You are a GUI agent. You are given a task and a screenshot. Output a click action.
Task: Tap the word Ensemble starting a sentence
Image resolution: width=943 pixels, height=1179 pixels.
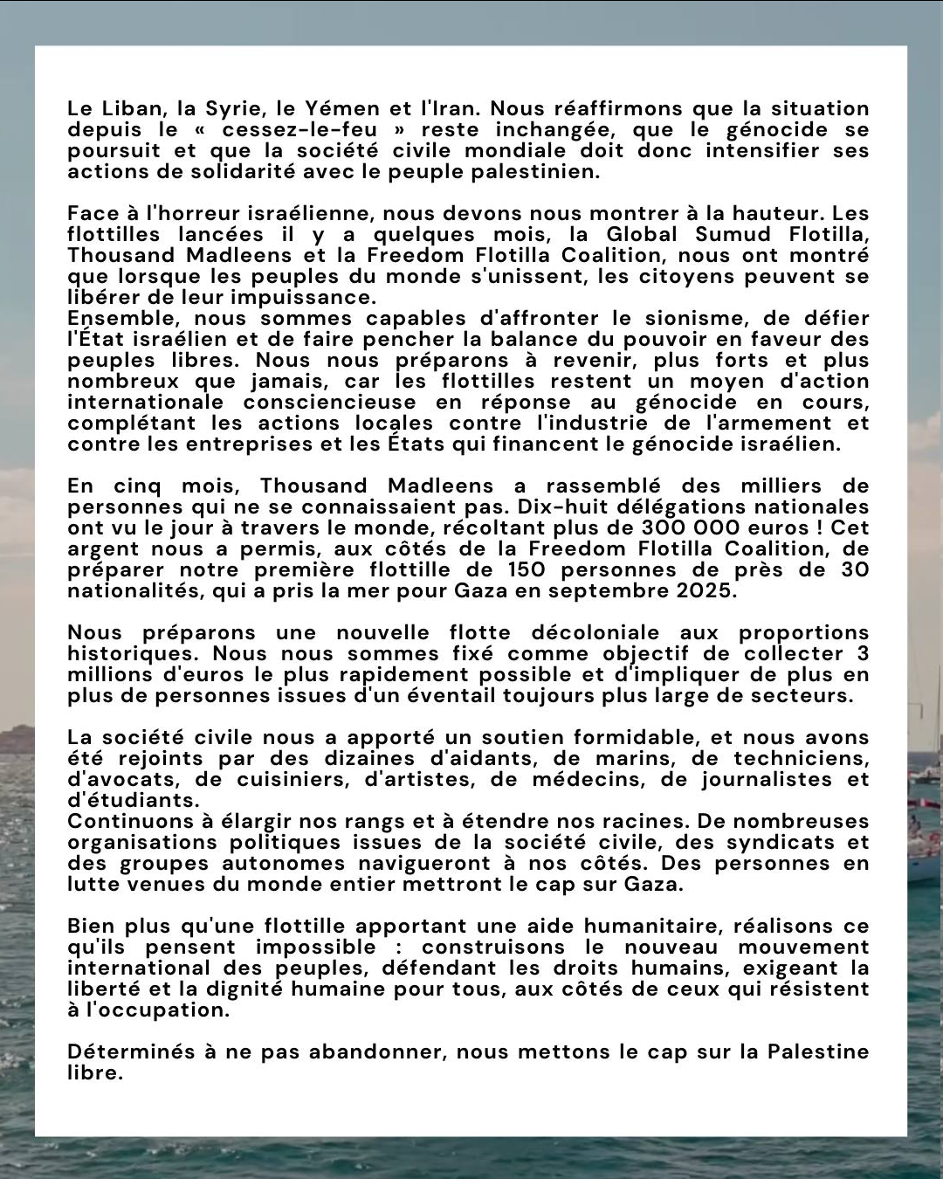[125, 319]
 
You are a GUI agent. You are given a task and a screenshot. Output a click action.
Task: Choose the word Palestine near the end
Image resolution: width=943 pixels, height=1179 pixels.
[818, 1052]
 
